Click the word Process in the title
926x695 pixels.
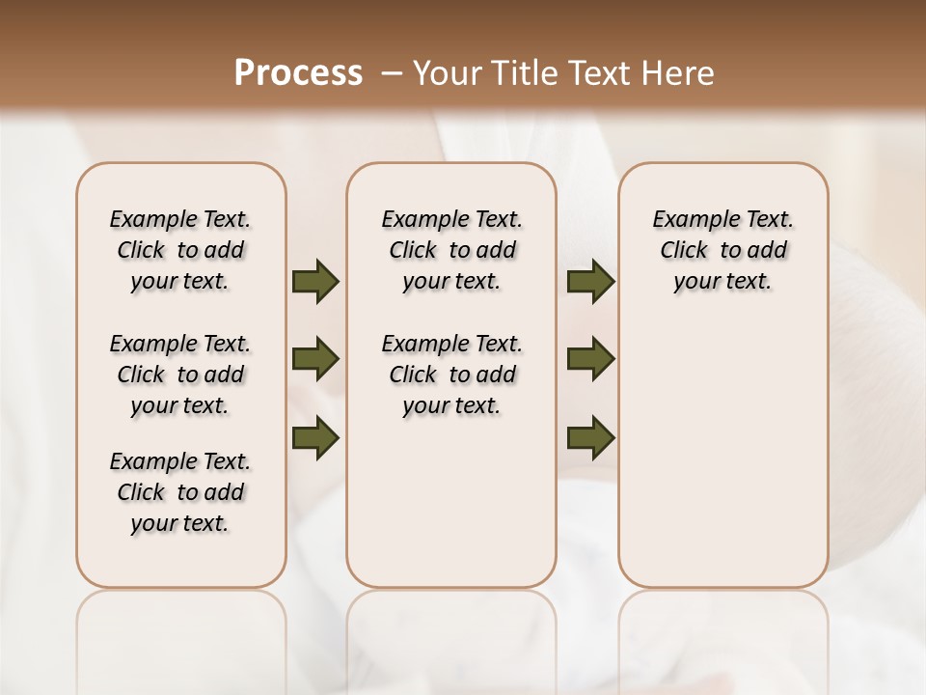[x=298, y=73]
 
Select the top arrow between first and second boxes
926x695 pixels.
[x=315, y=282]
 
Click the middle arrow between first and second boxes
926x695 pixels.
[x=315, y=360]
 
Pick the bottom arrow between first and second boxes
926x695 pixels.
[x=315, y=438]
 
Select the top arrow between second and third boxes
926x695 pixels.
[x=590, y=282]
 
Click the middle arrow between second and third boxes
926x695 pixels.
[x=590, y=360]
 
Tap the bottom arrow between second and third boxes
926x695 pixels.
[x=590, y=438]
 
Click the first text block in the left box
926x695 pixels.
[x=180, y=250]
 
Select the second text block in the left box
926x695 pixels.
[x=180, y=375]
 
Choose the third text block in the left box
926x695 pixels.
[x=180, y=492]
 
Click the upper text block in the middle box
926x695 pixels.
[x=451, y=250]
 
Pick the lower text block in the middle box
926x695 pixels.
[x=451, y=375]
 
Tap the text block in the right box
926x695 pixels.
[x=722, y=250]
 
